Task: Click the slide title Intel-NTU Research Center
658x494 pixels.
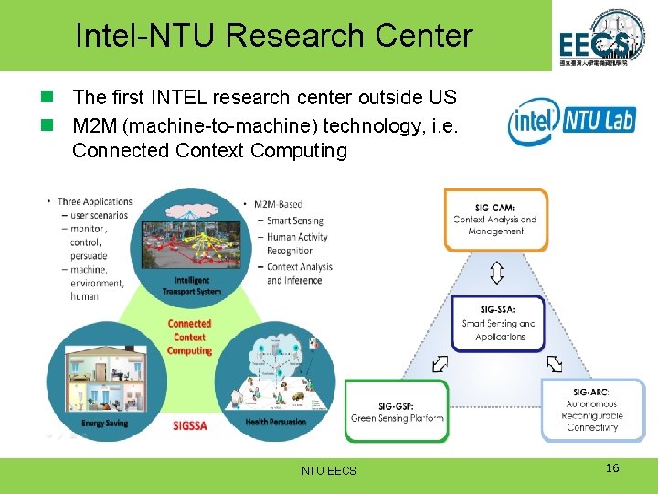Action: click(x=273, y=36)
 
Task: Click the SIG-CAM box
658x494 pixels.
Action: click(x=495, y=220)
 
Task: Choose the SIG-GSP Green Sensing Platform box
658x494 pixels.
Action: click(x=398, y=411)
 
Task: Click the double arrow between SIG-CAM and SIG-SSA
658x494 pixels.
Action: click(x=496, y=273)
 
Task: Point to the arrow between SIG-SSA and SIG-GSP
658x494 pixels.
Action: click(x=440, y=363)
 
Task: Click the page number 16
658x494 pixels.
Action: click(x=612, y=468)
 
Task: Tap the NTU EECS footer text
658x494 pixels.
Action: click(x=329, y=470)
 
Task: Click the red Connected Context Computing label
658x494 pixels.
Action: click(x=189, y=337)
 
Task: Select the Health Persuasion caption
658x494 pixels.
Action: click(x=276, y=422)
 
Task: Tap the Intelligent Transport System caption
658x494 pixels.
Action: click(x=192, y=285)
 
